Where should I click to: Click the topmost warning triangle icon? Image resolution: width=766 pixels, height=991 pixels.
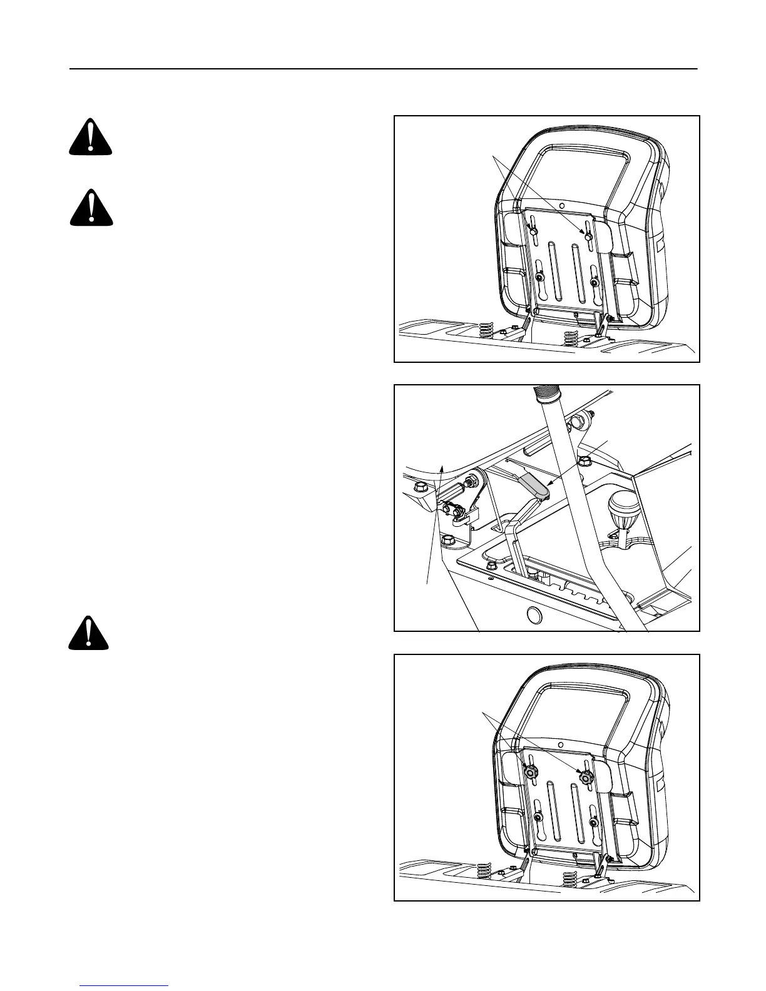click(90, 137)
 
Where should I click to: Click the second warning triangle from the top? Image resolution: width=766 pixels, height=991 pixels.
click(91, 208)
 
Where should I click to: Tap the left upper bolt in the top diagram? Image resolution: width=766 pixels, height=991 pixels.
click(533, 232)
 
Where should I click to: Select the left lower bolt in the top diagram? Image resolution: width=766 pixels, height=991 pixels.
click(539, 278)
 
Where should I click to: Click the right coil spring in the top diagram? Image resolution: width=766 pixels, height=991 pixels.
click(571, 337)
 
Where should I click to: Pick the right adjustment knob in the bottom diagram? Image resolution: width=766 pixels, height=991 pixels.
click(587, 777)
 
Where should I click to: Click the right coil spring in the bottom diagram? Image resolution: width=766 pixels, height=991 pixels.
click(570, 878)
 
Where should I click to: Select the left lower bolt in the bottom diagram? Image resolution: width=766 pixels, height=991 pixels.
click(539, 818)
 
